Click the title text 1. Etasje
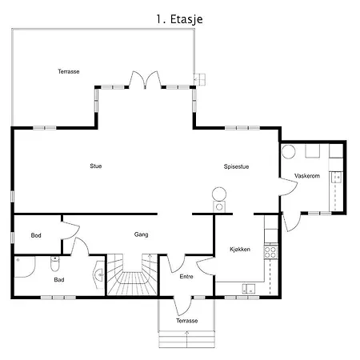(x=179, y=19)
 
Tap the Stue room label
(x=96, y=166)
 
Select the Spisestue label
(x=236, y=166)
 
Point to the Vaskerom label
(x=307, y=176)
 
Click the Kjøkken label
(x=240, y=250)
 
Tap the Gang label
(x=141, y=234)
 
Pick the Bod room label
(x=36, y=235)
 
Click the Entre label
(x=186, y=277)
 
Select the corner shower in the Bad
(x=25, y=267)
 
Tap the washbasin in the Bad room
(x=99, y=274)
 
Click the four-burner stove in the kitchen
(x=270, y=252)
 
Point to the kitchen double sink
(x=249, y=289)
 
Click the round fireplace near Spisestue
(x=219, y=194)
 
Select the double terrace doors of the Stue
(x=145, y=80)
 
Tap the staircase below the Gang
(x=132, y=274)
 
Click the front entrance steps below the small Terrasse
(x=186, y=339)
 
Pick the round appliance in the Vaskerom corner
(x=289, y=152)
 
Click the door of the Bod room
(x=70, y=230)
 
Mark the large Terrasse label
(x=69, y=71)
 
